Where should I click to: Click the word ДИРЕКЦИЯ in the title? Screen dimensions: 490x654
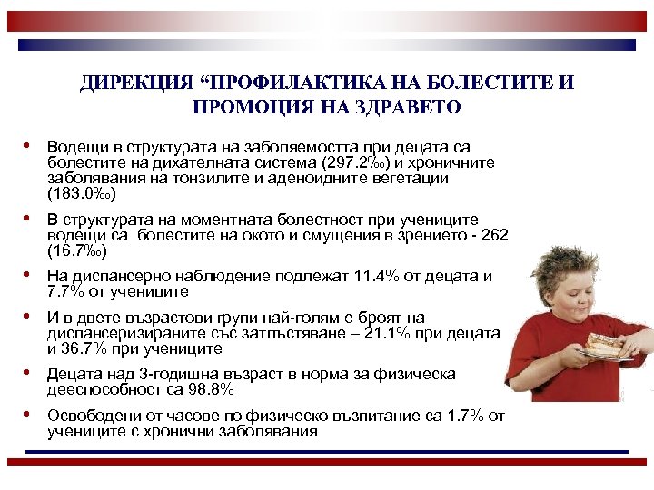(135, 83)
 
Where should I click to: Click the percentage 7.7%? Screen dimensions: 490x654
(66, 292)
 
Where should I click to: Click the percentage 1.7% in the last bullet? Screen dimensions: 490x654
(469, 416)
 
